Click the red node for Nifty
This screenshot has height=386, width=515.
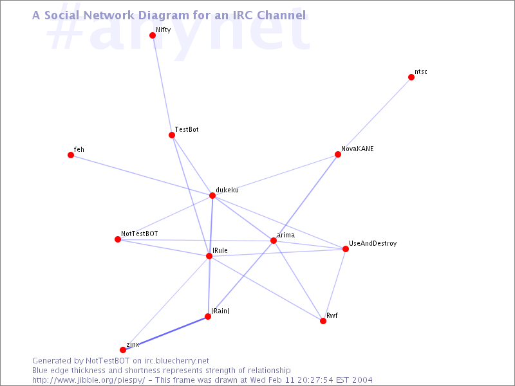click(x=153, y=35)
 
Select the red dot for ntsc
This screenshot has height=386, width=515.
click(x=411, y=77)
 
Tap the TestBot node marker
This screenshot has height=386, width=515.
click(x=172, y=135)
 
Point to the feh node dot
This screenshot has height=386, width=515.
click(x=71, y=155)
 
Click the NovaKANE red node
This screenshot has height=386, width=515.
click(x=338, y=154)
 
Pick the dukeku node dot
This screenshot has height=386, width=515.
click(x=212, y=196)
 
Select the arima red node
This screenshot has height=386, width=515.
click(x=274, y=241)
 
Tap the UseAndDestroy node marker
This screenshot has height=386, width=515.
click(x=346, y=249)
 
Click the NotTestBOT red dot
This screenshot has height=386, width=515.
click(x=118, y=239)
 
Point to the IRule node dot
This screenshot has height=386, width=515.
click(x=209, y=256)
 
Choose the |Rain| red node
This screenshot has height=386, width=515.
click(x=208, y=317)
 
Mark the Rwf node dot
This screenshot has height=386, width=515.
click(x=323, y=321)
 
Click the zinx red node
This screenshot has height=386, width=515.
click(x=123, y=350)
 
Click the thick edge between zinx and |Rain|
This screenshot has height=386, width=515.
click(x=165, y=333)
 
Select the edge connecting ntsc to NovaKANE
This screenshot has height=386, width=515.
click(x=375, y=116)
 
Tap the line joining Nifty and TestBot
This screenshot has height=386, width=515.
click(x=162, y=85)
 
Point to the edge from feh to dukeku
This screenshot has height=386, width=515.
click(x=142, y=175)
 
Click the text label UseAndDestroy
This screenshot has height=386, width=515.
click(x=373, y=244)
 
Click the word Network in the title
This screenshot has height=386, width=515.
click(x=107, y=15)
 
